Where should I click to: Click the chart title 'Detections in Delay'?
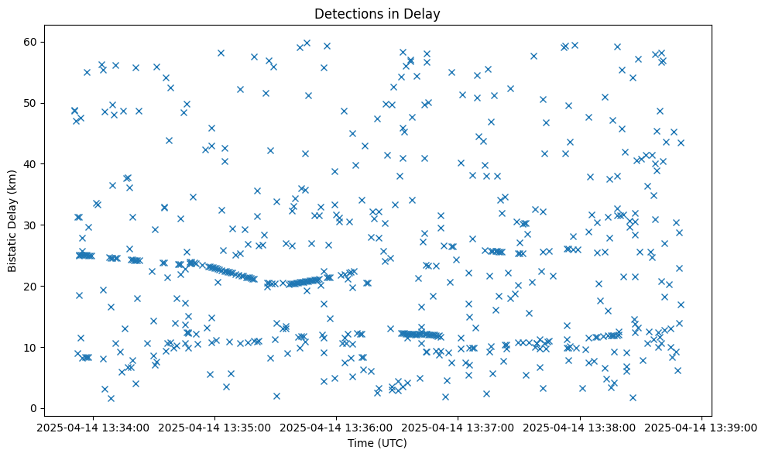[x=377, y=13]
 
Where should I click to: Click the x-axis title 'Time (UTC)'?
[x=377, y=443]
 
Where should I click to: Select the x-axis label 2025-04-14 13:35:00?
[x=215, y=427]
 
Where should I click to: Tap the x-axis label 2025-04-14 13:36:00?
[x=337, y=427]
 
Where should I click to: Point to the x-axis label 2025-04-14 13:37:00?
[x=458, y=427]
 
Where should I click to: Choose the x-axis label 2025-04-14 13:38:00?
[x=580, y=427]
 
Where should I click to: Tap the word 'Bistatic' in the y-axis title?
[x=12, y=249]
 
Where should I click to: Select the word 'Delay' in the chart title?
[x=425, y=13]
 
